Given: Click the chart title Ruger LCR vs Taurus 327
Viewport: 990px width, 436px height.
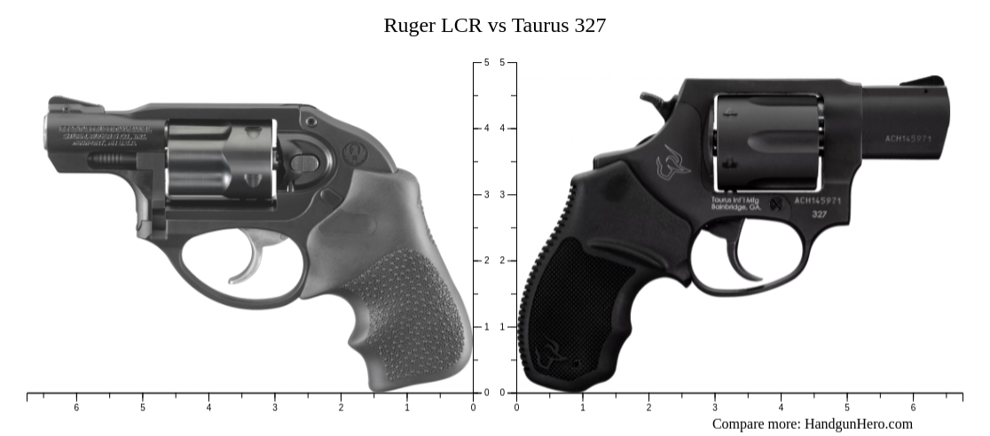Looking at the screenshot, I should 494,26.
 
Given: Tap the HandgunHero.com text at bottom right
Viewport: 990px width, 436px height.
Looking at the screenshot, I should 858,424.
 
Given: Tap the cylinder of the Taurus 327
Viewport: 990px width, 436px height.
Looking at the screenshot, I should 767,142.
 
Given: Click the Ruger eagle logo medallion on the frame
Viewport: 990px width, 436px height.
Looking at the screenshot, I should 355,152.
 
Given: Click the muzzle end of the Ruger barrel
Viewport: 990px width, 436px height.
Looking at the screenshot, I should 50,131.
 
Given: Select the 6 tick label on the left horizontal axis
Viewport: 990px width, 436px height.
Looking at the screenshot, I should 76,408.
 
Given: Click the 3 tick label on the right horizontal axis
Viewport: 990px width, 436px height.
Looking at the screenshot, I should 715,408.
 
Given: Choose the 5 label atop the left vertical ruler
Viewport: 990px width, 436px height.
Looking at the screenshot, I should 485,63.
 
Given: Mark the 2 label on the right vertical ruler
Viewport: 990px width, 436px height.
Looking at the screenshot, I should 503,261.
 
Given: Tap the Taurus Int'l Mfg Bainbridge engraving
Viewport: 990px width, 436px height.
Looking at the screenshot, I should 735,203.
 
